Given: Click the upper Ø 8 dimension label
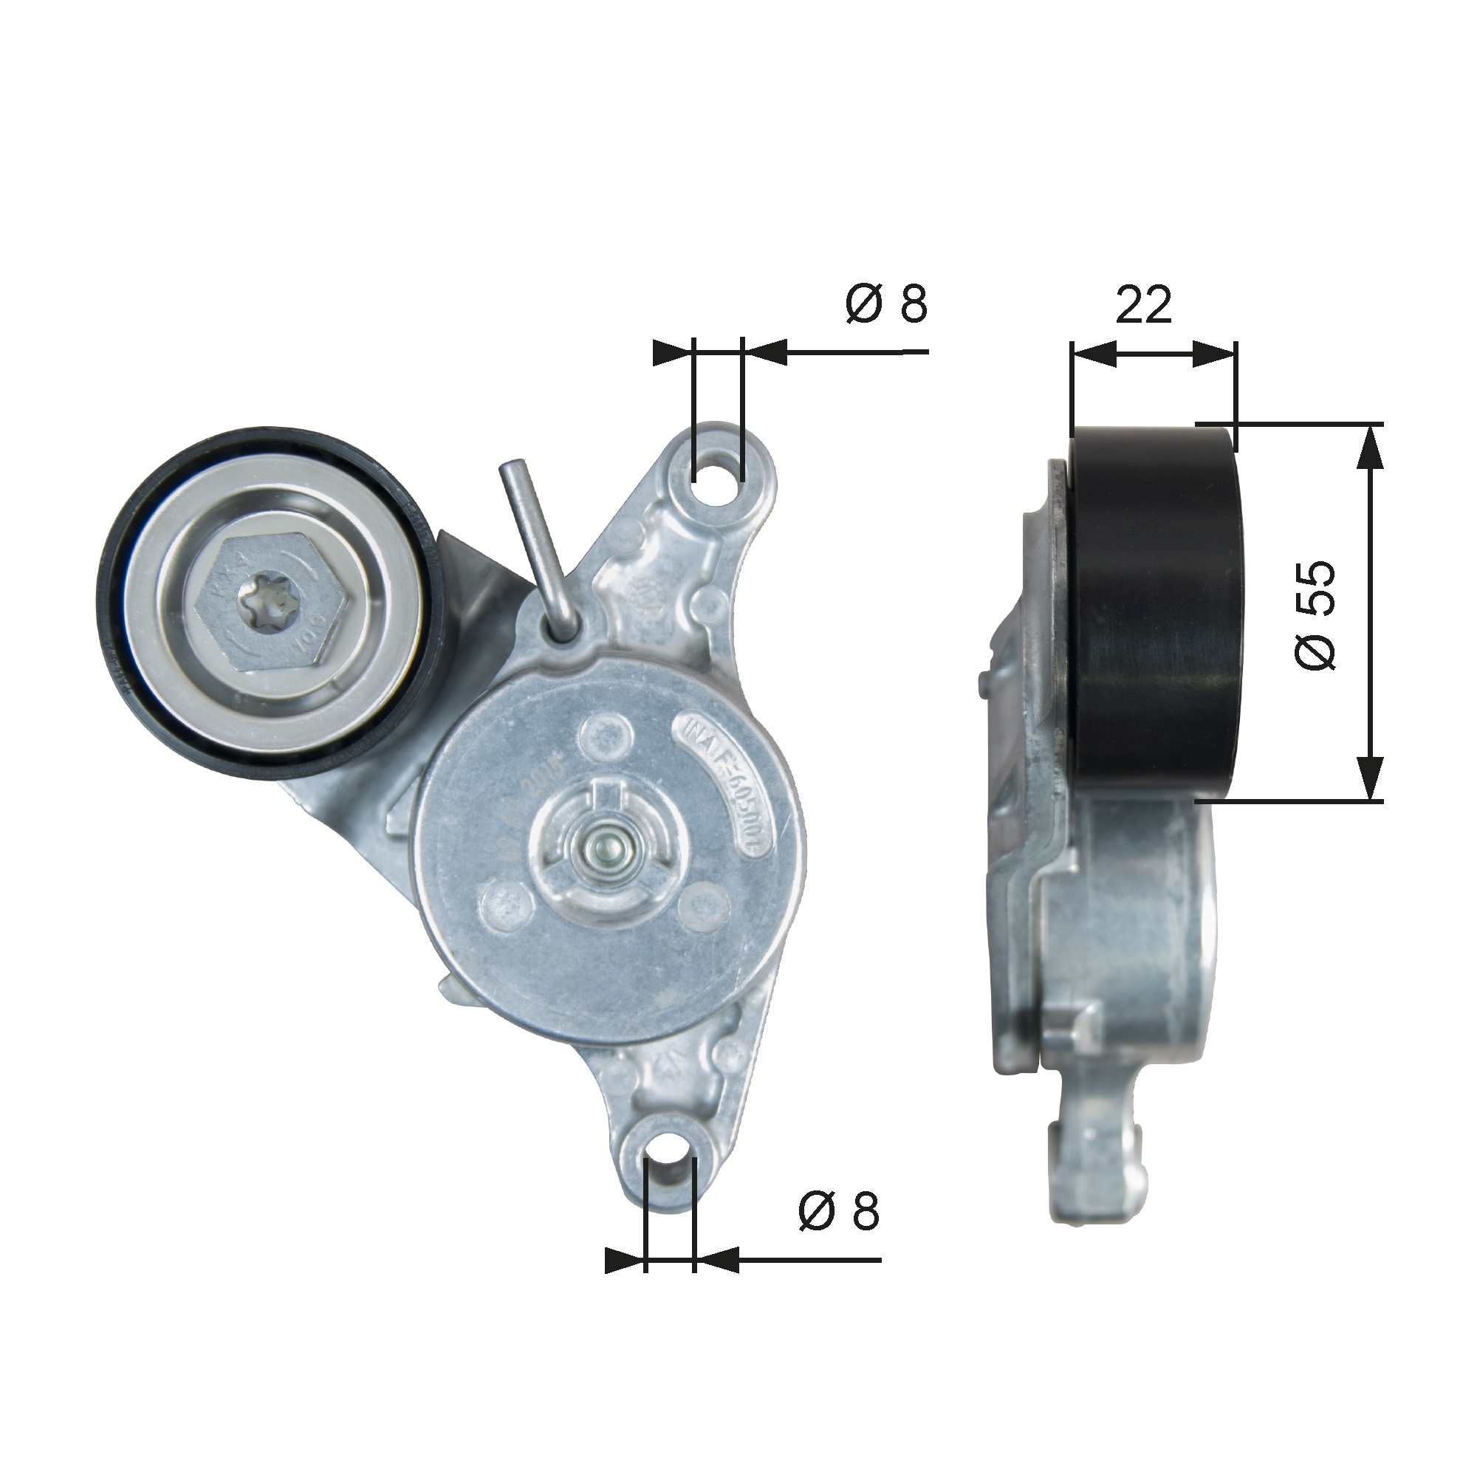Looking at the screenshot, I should tap(887, 304).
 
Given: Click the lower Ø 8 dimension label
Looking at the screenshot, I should tap(839, 1212).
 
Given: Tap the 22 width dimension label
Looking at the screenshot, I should tap(1144, 304).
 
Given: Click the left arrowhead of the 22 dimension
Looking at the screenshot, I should tap(1092, 353).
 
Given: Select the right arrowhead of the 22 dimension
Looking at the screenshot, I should tap(1216, 353).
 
